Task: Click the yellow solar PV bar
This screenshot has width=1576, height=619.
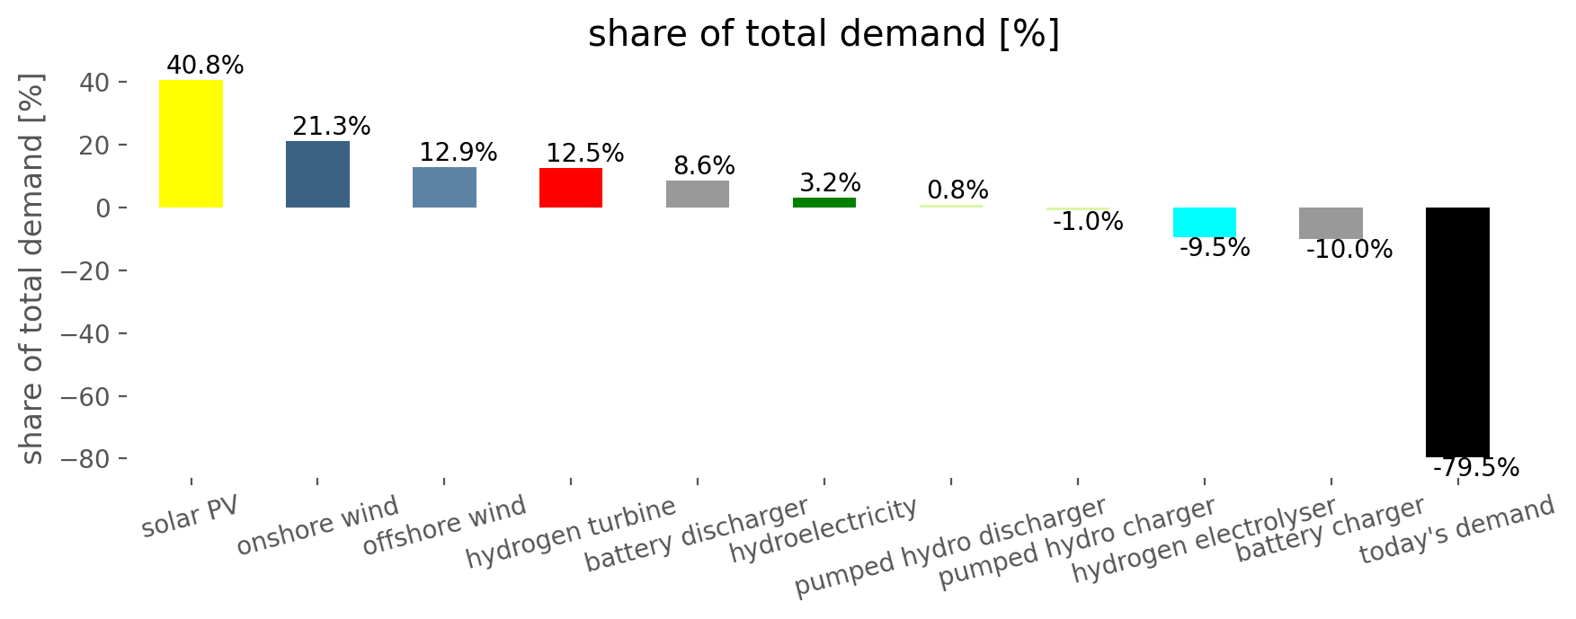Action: [191, 144]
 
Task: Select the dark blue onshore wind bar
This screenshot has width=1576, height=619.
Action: [317, 174]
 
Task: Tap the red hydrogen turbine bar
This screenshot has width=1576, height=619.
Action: [571, 188]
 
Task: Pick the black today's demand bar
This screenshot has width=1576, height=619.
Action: [1457, 332]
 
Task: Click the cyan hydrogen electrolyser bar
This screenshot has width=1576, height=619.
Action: [1205, 222]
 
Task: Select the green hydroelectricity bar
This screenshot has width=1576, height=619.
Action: [824, 202]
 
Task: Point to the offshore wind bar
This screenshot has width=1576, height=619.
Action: [444, 187]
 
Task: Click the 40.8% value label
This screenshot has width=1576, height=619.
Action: [205, 66]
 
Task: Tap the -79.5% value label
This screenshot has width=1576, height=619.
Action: [1475, 468]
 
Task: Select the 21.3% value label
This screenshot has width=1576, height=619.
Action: [332, 127]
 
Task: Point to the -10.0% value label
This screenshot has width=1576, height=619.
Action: [1349, 250]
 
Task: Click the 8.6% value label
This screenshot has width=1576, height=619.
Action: [704, 166]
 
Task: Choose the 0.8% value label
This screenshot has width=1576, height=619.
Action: [957, 190]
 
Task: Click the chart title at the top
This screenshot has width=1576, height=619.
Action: [824, 34]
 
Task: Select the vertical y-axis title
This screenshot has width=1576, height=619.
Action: [32, 270]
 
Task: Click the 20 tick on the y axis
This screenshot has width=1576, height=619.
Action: [94, 145]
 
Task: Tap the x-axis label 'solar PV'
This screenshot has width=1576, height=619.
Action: [190, 517]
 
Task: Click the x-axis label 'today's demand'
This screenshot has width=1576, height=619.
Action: [1456, 530]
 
